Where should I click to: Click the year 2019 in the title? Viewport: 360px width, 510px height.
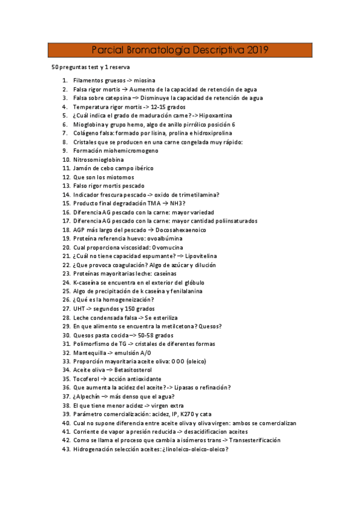pos(255,50)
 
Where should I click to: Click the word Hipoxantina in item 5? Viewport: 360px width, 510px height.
pos(216,115)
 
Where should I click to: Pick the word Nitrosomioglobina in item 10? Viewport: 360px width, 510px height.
pos(99,160)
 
